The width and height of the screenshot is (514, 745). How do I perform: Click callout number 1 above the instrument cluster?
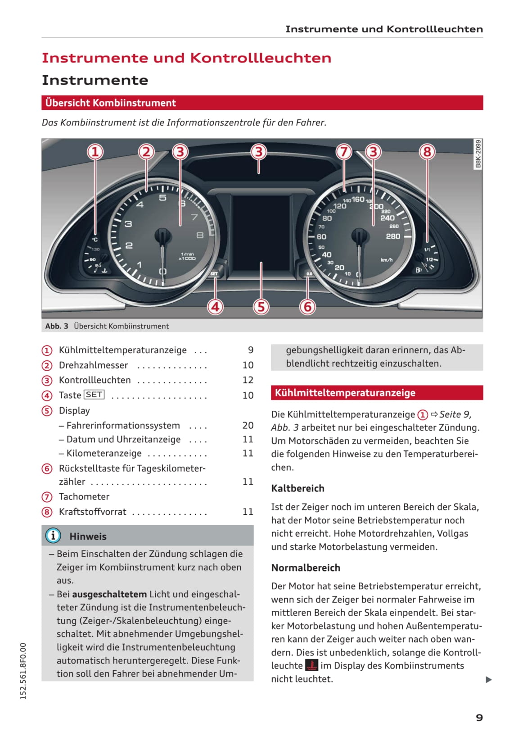tap(95, 152)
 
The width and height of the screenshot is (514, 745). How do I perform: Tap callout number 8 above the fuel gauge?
tap(427, 152)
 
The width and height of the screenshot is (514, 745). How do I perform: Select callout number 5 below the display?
tap(261, 307)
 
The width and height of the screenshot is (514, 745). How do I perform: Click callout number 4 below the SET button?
tap(215, 307)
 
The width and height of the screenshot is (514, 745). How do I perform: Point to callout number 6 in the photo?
tap(308, 307)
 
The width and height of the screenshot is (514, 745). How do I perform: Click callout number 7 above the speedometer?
tap(344, 152)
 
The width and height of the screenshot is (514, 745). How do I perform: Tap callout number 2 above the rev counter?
tap(146, 152)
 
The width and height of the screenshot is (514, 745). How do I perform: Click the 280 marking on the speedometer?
tap(393, 236)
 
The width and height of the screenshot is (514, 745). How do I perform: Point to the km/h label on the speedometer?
tap(386, 260)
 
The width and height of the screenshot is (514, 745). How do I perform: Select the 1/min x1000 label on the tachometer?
tap(187, 256)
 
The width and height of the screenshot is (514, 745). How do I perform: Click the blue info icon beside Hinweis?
tap(53, 536)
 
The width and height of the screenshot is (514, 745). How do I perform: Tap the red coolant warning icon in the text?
tap(311, 665)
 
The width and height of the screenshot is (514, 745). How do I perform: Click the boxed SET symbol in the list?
tap(94, 395)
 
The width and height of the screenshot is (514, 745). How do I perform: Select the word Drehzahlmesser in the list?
tap(94, 365)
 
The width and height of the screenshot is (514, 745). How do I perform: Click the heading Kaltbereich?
tap(298, 488)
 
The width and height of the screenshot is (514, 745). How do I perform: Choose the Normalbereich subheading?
tap(306, 568)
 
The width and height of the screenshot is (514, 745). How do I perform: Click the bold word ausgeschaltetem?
tap(109, 594)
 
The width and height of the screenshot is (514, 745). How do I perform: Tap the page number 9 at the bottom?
tap(479, 718)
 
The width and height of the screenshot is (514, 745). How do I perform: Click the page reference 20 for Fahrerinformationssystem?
tap(248, 425)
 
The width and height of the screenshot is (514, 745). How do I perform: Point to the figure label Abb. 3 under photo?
tap(57, 326)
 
